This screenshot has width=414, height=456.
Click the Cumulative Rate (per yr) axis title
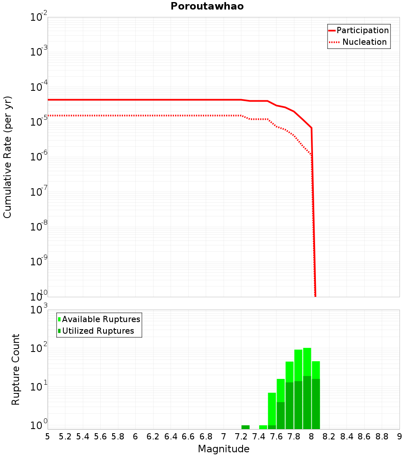pyautogui.click(x=7, y=157)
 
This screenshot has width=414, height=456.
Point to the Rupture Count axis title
pyautogui.click(x=16, y=369)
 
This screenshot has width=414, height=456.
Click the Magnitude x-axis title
pyautogui.click(x=224, y=449)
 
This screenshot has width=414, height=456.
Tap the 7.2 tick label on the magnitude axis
pyautogui.click(x=241, y=437)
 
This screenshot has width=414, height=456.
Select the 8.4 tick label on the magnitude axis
pyautogui.click(x=347, y=437)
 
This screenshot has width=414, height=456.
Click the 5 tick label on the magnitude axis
pyautogui.click(x=48, y=437)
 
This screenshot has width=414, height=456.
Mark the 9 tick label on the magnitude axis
pyautogui.click(x=400, y=437)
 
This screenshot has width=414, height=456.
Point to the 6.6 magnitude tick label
pyautogui.click(x=188, y=437)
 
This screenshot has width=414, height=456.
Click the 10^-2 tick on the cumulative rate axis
pyautogui.click(x=39, y=17)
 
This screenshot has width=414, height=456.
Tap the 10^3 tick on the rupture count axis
pyautogui.click(x=40, y=310)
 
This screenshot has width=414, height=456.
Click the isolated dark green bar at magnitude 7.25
pyautogui.click(x=246, y=427)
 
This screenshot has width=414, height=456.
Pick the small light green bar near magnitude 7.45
pyautogui.click(x=263, y=427)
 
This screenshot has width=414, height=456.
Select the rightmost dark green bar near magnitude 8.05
pyautogui.click(x=316, y=404)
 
